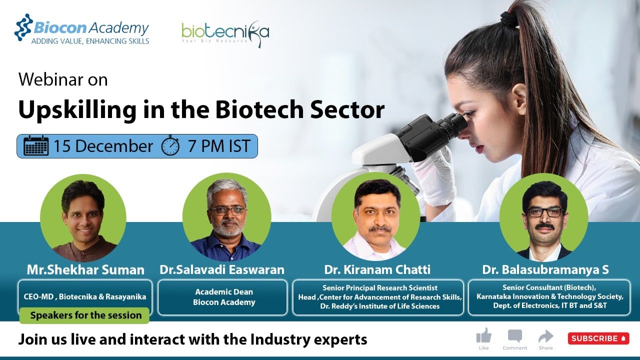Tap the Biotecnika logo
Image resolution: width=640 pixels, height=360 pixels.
pos(225,33)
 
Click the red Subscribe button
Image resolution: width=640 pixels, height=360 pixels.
pos(598,338)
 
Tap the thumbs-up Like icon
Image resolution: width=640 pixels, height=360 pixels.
pos(483,335)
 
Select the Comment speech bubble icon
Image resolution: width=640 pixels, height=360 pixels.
pos(514,335)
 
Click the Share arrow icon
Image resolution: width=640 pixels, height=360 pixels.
pos(545,335)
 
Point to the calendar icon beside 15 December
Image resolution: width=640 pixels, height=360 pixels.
pos(36,146)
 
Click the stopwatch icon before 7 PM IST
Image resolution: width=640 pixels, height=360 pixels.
pos(170,145)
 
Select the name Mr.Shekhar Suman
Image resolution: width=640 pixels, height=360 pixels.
pos(85,270)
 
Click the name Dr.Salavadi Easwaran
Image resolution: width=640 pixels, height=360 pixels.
pos(222,270)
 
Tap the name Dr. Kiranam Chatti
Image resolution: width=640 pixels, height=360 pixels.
pos(377,270)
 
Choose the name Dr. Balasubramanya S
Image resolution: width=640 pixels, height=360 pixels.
pos(545,270)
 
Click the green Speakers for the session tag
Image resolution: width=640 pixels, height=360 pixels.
pos(85,315)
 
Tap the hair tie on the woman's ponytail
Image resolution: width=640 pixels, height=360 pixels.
pos(509,20)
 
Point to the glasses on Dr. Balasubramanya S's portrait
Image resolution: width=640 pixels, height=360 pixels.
pos(544,211)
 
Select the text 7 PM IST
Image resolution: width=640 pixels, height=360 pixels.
pos(218,146)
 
